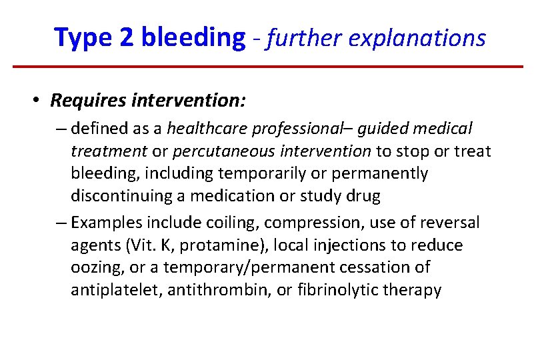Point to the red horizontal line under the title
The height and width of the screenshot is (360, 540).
[268, 67]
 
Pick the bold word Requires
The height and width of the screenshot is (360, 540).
[89, 101]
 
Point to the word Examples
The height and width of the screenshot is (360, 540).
[102, 222]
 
